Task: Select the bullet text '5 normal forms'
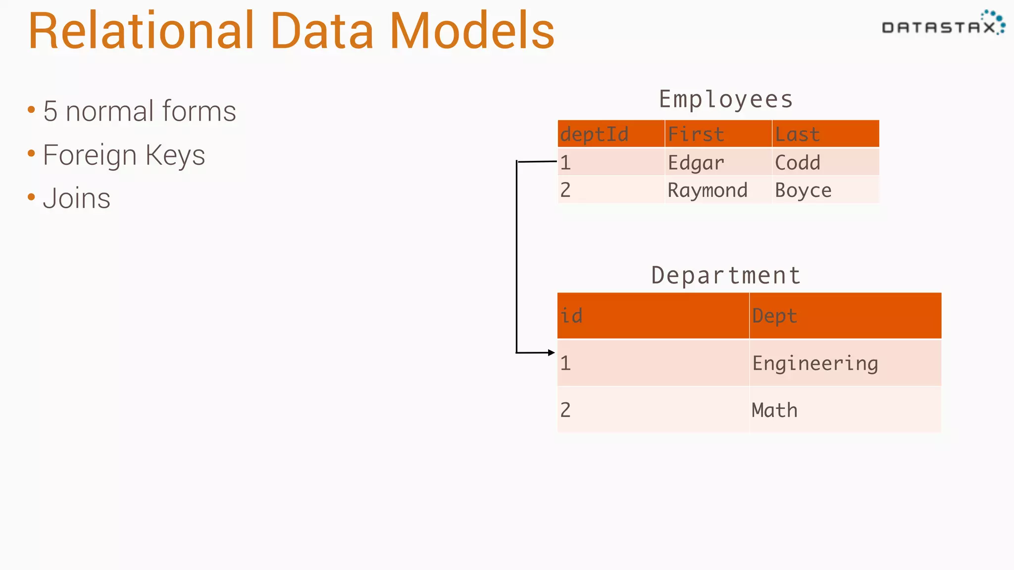click(x=139, y=111)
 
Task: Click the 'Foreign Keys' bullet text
click(x=124, y=155)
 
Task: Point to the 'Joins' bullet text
click(x=76, y=199)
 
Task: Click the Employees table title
click(x=726, y=99)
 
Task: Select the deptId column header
click(x=594, y=134)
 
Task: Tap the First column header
click(x=696, y=134)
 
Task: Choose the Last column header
click(x=797, y=134)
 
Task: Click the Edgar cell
click(x=696, y=163)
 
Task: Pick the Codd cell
click(x=797, y=163)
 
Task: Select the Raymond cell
click(x=707, y=190)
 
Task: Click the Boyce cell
click(x=803, y=190)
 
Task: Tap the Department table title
click(x=726, y=276)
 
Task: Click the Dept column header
click(x=774, y=316)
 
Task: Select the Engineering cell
click(x=815, y=364)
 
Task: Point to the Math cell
click(x=774, y=410)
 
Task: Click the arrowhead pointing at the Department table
click(x=552, y=353)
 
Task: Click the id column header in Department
click(x=571, y=316)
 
